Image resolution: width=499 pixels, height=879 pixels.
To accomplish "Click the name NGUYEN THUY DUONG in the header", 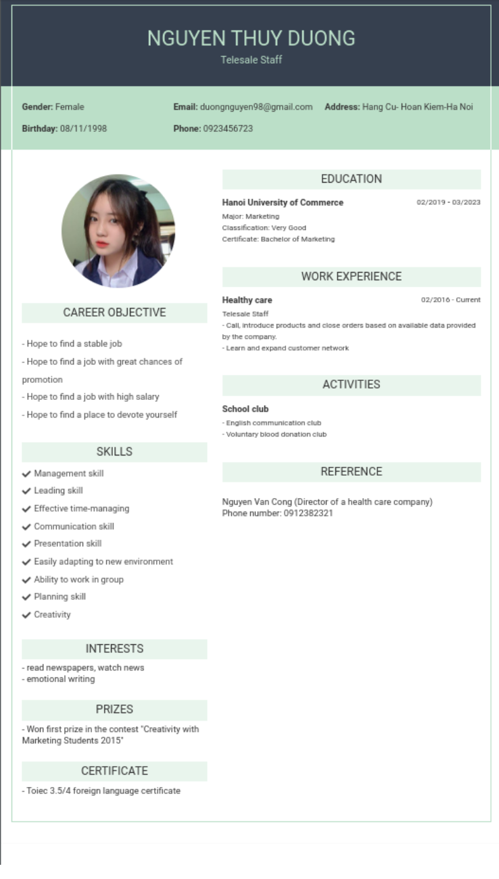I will (251, 39).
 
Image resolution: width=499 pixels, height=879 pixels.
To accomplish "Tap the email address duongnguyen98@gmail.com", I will (256, 107).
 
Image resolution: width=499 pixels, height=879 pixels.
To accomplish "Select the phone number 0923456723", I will (228, 129).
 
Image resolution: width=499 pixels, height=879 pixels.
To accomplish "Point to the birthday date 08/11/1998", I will (83, 129).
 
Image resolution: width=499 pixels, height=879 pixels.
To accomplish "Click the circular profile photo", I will (118, 231).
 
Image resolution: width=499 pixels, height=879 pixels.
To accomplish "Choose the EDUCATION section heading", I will (351, 179).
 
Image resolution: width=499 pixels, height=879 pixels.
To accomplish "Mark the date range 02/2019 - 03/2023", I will (448, 202).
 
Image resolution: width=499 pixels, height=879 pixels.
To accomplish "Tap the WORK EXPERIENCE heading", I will (351, 277).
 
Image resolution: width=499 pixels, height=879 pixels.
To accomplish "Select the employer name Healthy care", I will (247, 300).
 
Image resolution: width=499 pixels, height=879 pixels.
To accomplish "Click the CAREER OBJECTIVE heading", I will (114, 313).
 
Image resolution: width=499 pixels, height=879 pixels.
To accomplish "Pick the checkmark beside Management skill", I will (27, 474).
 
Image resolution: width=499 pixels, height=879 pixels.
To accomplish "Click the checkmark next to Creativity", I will (27, 615).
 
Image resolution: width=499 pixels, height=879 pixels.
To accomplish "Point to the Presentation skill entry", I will (68, 544).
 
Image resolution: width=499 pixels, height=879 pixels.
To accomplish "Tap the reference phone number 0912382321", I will (308, 514).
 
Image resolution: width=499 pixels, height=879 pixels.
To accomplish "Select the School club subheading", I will (245, 409).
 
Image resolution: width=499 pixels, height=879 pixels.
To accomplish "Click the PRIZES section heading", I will (114, 710).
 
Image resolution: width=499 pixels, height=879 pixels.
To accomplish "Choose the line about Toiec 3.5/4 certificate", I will (103, 791).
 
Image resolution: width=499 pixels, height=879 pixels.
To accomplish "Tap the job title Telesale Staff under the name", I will (251, 60).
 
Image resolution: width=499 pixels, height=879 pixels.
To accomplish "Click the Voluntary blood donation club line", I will (276, 434).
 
